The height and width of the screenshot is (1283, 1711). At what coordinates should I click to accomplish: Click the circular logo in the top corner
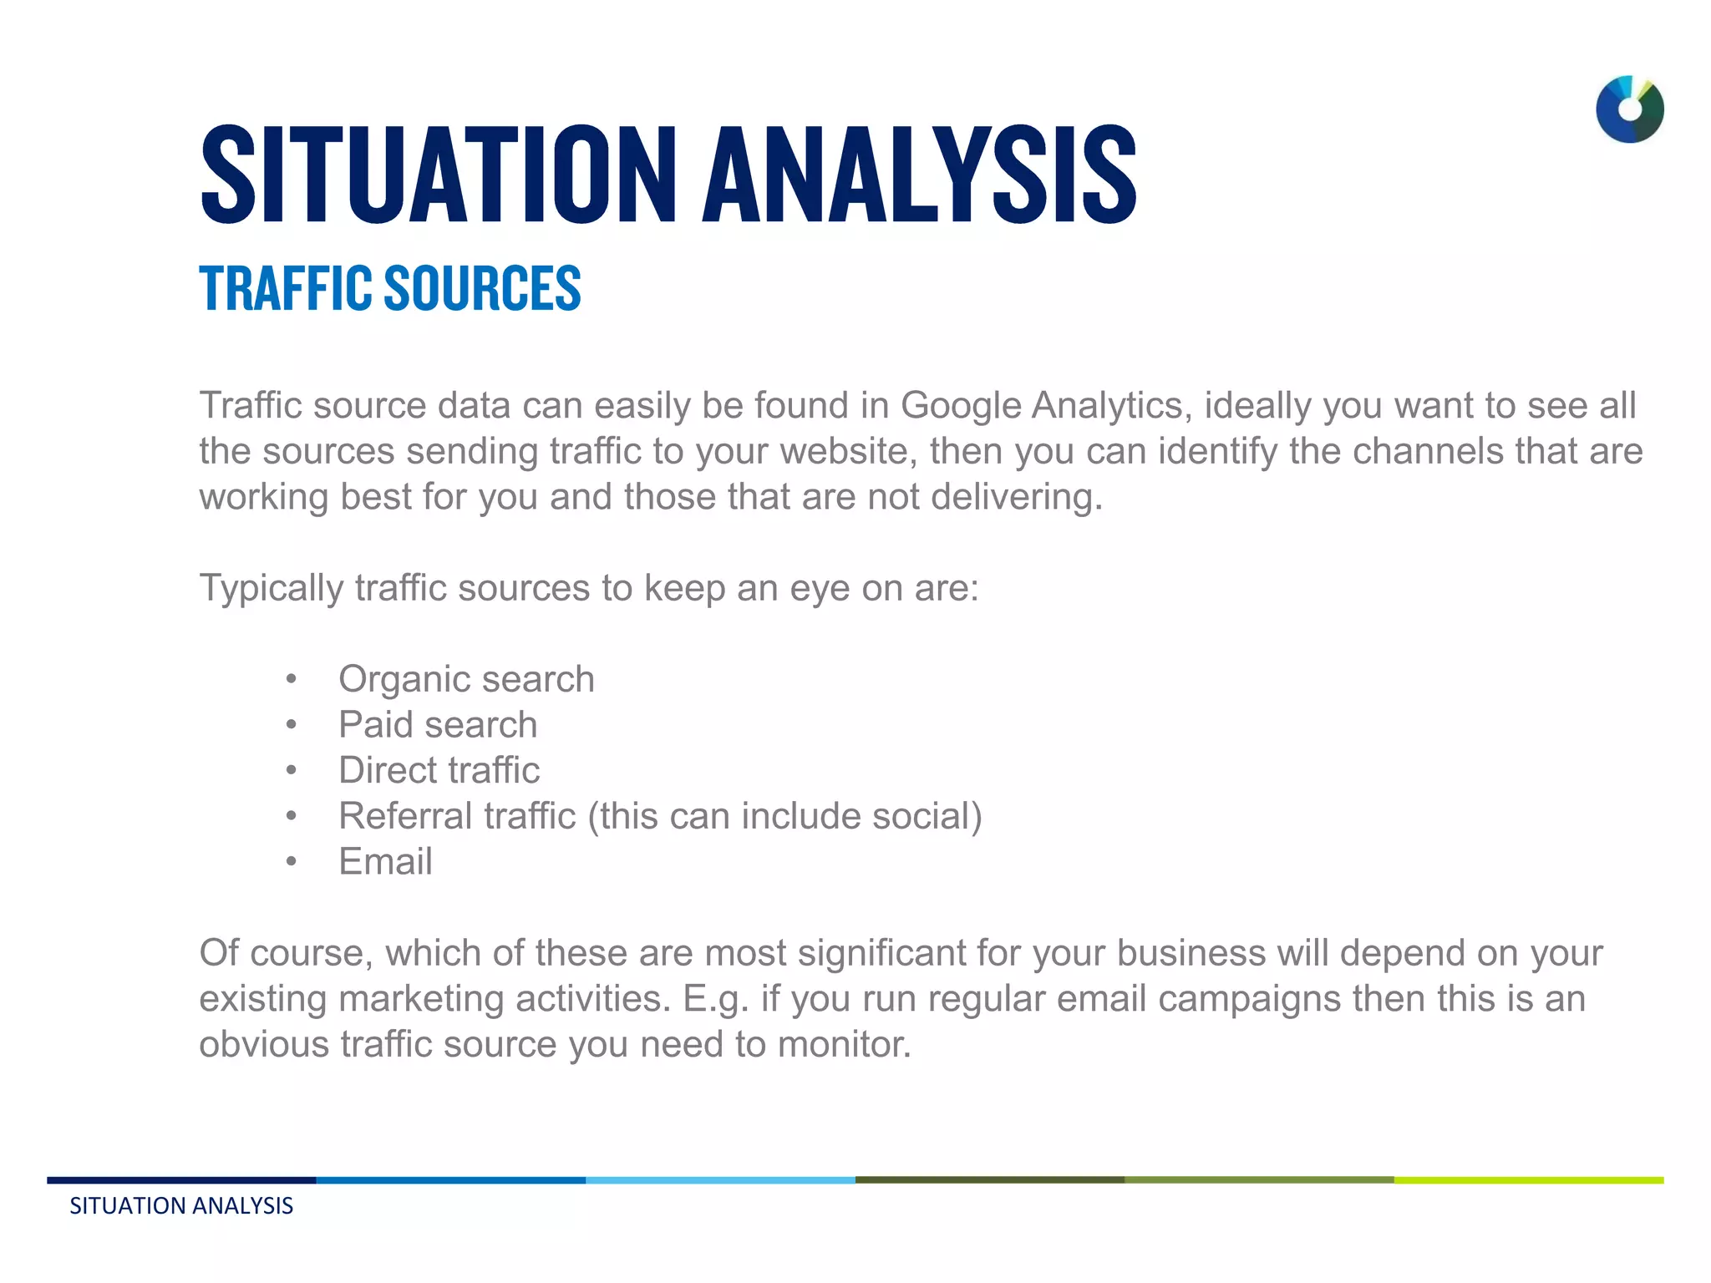[x=1629, y=109]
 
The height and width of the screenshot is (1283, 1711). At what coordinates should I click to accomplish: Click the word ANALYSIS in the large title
[x=919, y=175]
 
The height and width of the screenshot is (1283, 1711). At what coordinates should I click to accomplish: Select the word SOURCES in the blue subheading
[x=482, y=288]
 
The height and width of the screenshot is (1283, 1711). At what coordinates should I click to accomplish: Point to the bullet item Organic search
[x=466, y=679]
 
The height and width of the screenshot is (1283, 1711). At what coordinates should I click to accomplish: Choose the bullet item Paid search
[x=438, y=725]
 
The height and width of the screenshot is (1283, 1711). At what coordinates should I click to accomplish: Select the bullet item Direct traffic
[x=439, y=770]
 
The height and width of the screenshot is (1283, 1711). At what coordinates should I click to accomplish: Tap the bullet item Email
[x=385, y=862]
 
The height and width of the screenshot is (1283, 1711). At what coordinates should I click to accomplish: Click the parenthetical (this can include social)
[x=785, y=816]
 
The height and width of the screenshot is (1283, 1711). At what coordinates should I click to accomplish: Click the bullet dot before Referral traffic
[x=291, y=817]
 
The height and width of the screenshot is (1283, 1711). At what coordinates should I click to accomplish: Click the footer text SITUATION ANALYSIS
[x=181, y=1206]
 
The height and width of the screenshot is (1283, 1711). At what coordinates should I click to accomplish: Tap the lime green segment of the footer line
[x=1528, y=1180]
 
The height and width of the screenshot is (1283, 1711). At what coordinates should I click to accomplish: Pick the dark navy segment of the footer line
[x=181, y=1180]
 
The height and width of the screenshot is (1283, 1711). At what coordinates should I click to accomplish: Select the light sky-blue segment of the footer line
[x=720, y=1180]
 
